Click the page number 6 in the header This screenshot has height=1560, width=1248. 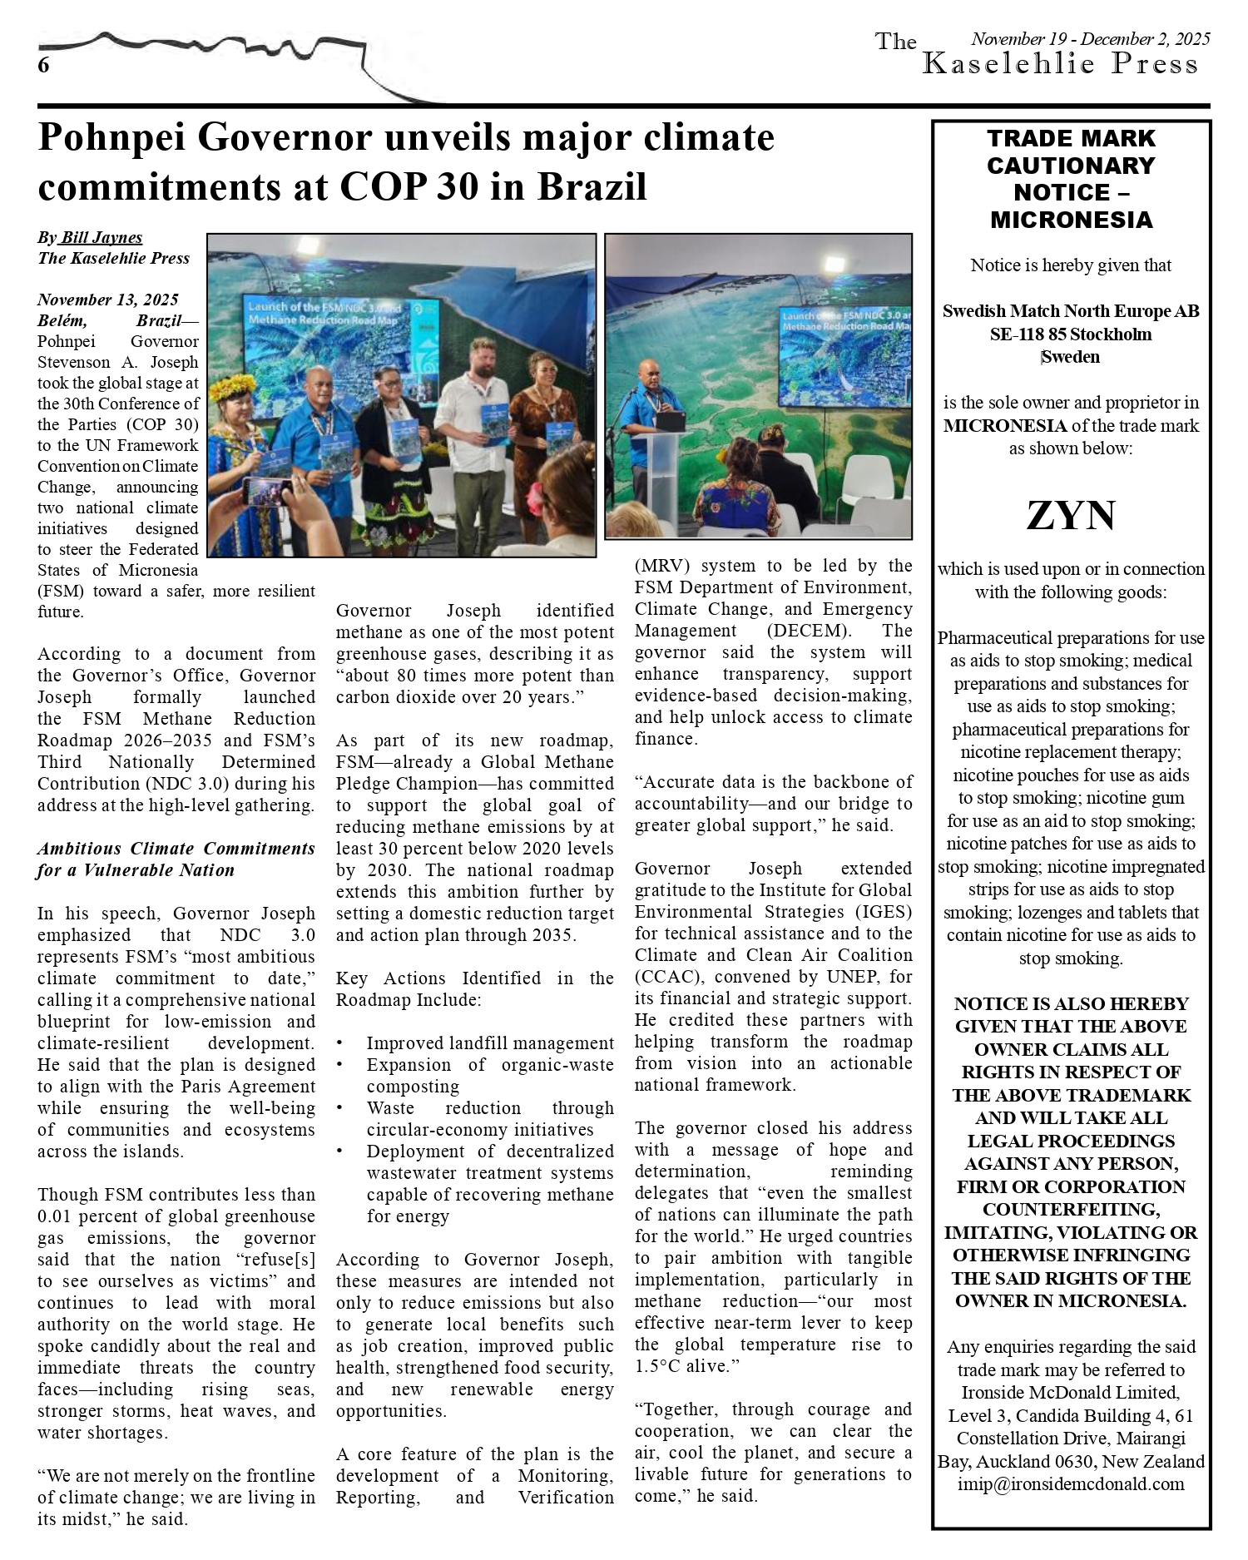click(x=43, y=66)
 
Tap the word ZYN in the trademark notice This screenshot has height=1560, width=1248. click(x=1071, y=516)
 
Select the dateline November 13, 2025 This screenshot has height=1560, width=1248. click(x=107, y=300)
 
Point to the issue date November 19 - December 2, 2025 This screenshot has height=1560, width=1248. click(x=1091, y=38)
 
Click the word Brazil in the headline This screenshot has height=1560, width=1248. click(x=592, y=186)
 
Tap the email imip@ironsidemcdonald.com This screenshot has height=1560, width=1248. click(x=1071, y=1484)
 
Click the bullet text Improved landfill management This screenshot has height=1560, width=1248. click(x=490, y=1043)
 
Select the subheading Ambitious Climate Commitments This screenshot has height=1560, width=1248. click(x=176, y=849)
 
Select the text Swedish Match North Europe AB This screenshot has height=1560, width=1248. click(x=1071, y=311)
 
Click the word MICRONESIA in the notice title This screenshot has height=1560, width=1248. click(x=1071, y=220)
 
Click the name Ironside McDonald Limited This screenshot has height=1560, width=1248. click(x=1071, y=1392)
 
